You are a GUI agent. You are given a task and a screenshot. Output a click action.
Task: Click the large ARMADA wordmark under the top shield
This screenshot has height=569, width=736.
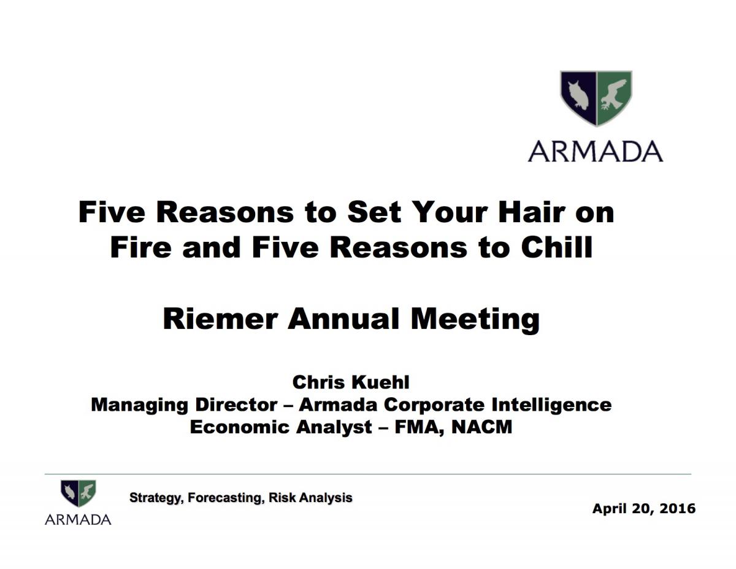tap(595, 151)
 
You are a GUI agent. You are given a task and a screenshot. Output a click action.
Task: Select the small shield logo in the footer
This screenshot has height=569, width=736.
tap(79, 493)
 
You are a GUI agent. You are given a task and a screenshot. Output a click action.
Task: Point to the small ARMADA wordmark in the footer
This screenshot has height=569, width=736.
tap(78, 519)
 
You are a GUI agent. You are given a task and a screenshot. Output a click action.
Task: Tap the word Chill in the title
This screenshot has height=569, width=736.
tap(556, 247)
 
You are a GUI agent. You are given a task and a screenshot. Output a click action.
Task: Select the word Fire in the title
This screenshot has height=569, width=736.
tap(140, 247)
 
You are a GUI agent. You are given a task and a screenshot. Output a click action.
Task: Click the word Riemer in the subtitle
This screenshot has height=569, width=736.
tap(221, 319)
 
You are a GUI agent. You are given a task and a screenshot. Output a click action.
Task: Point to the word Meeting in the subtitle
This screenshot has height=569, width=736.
tap(475, 320)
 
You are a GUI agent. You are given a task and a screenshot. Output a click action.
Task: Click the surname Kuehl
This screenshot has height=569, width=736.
tap(380, 382)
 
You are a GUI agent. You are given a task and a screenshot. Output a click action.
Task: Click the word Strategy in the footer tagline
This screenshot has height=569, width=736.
tap(156, 498)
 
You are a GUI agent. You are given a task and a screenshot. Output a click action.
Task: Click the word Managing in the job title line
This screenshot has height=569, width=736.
tap(139, 406)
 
